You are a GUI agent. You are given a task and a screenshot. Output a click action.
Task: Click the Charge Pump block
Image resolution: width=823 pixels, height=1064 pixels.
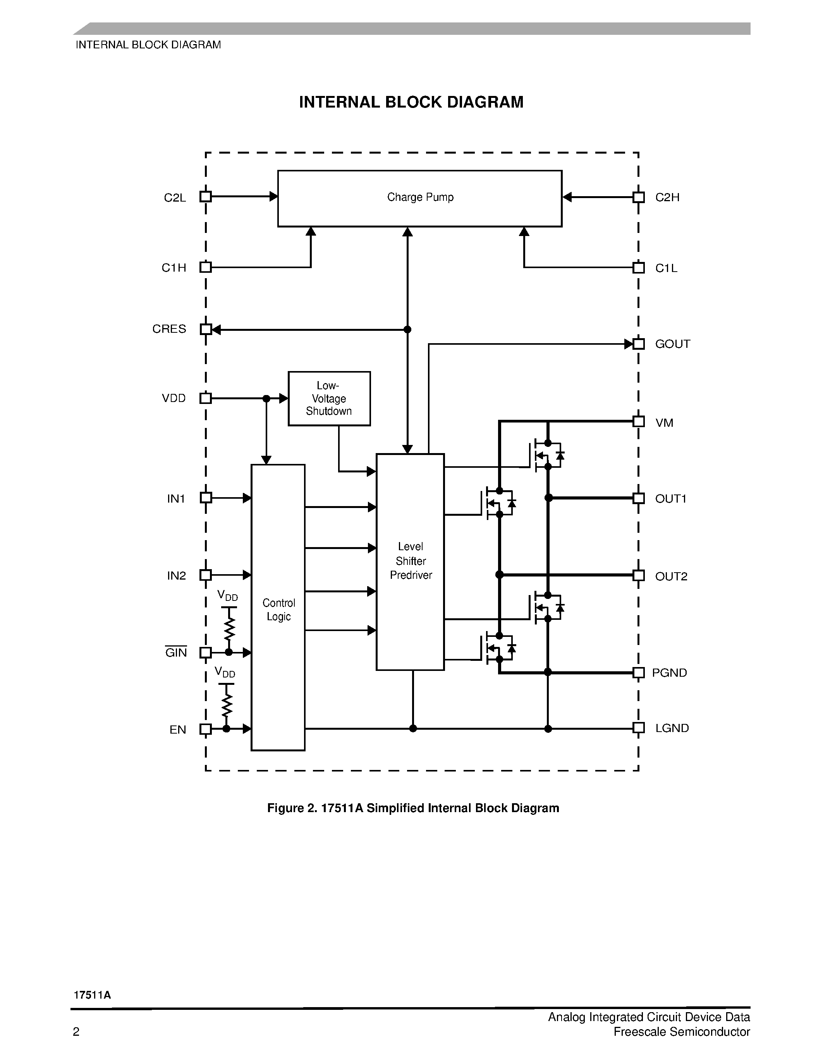coord(419,198)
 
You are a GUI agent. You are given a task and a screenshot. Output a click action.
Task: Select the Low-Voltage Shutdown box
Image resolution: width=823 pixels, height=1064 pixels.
coord(329,399)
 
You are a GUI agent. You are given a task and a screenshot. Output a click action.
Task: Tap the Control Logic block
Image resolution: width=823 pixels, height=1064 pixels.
coord(278,609)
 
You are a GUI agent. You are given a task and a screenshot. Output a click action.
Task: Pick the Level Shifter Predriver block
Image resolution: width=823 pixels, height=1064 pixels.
coord(410,562)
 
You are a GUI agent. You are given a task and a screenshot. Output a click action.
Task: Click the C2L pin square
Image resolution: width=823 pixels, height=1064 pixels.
coord(206,197)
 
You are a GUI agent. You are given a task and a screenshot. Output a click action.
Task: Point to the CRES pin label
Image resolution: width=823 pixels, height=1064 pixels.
coord(169,329)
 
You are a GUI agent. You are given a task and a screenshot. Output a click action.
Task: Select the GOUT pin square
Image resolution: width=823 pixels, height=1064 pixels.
coord(639,344)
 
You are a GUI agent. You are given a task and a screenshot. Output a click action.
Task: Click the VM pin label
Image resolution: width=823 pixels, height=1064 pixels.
coord(664,423)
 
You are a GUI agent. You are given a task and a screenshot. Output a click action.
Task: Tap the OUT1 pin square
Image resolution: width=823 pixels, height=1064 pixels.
coord(639,498)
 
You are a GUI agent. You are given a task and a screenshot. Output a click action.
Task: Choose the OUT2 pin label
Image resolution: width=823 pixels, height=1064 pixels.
coord(671,576)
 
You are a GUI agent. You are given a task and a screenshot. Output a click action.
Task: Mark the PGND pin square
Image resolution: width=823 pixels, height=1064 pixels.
coord(639,673)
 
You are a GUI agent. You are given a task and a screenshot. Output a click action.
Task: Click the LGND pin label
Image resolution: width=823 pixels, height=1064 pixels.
coord(672,728)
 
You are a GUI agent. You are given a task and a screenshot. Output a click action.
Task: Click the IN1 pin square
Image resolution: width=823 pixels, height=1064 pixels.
coord(206,498)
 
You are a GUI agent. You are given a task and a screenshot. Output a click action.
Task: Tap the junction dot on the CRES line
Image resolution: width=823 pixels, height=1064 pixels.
coord(407,330)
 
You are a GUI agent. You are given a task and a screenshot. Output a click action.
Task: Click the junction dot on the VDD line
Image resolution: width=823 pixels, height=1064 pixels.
coord(266,399)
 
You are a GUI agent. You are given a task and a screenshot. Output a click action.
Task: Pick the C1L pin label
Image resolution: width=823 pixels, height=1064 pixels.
coord(666,269)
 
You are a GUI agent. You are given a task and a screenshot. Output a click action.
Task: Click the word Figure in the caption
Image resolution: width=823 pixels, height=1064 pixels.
coord(285,808)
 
